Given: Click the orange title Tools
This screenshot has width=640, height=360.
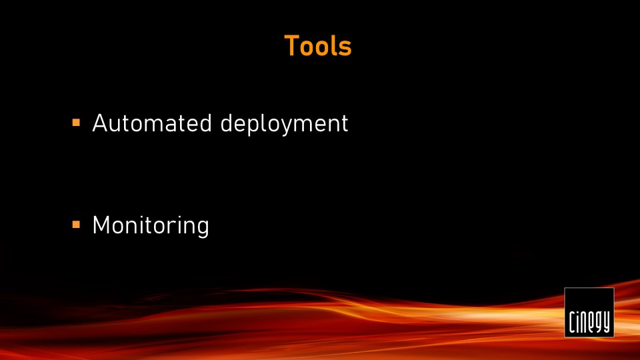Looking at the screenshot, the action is coord(317,46).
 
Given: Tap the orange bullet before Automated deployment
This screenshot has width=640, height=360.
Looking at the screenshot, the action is coord(76,123).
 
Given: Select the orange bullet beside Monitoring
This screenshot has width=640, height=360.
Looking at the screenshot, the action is coord(76,225).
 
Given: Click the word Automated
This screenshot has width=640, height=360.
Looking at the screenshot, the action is coord(152,123).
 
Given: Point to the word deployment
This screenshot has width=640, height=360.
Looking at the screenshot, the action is coord(284,125).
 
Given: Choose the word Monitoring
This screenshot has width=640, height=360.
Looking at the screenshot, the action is coord(151,226).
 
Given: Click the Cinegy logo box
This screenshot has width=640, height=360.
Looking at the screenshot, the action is coord(589,312).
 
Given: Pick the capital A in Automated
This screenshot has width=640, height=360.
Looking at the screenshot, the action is coord(101,123).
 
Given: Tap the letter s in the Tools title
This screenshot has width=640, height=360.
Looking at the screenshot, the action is coord(345,49).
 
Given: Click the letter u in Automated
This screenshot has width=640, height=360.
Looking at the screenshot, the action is coord(119,125).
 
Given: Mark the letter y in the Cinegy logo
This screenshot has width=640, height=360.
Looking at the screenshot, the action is coord(606,323).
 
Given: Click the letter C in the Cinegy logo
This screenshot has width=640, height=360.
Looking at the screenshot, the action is coord(573,323).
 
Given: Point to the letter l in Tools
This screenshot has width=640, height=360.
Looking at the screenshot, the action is coord(333,46).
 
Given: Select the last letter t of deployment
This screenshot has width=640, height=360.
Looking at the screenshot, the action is coord(344,124).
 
